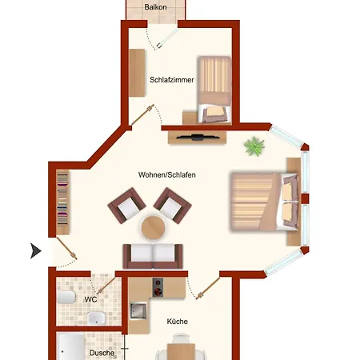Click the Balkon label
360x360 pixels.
(155, 7)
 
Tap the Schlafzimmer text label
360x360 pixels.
(172, 80)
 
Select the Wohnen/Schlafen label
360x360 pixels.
(167, 175)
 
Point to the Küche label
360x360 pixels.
(178, 322)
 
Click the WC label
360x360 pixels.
(90, 299)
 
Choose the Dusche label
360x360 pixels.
(102, 353)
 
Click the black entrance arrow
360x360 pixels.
(36, 250)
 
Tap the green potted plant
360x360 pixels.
(254, 146)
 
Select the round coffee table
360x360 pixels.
(153, 227)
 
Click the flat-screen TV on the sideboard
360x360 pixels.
(197, 138)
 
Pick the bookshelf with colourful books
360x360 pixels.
(62, 202)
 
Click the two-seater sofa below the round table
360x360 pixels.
(153, 256)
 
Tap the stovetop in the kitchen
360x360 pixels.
(158, 287)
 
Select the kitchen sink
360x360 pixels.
(138, 310)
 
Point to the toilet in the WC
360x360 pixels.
(66, 298)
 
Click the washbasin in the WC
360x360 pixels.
(96, 318)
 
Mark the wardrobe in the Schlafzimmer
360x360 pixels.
(137, 73)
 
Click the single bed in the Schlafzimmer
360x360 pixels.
(214, 90)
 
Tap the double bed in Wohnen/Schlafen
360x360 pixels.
(264, 202)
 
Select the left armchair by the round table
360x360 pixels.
(126, 206)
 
